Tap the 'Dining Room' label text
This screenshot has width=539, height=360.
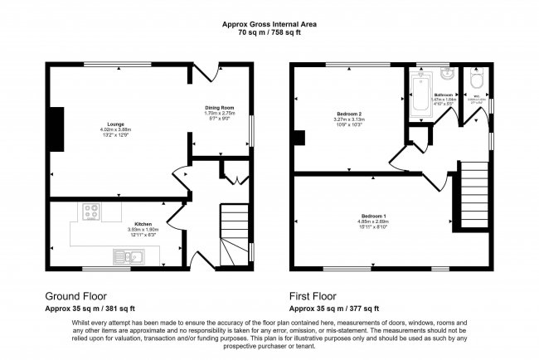tap(221, 108)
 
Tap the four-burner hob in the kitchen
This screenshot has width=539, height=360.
tap(90, 212)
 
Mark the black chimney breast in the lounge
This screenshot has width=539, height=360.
tap(56, 129)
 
